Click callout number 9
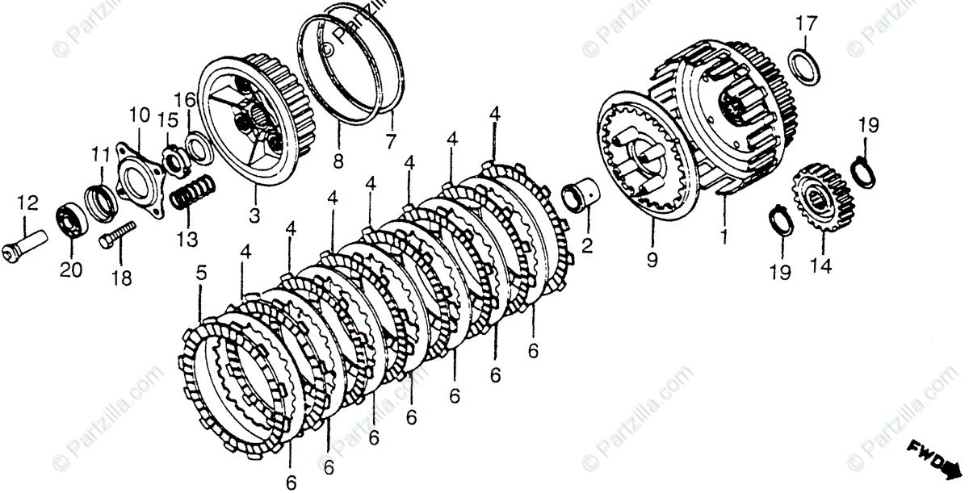652,260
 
